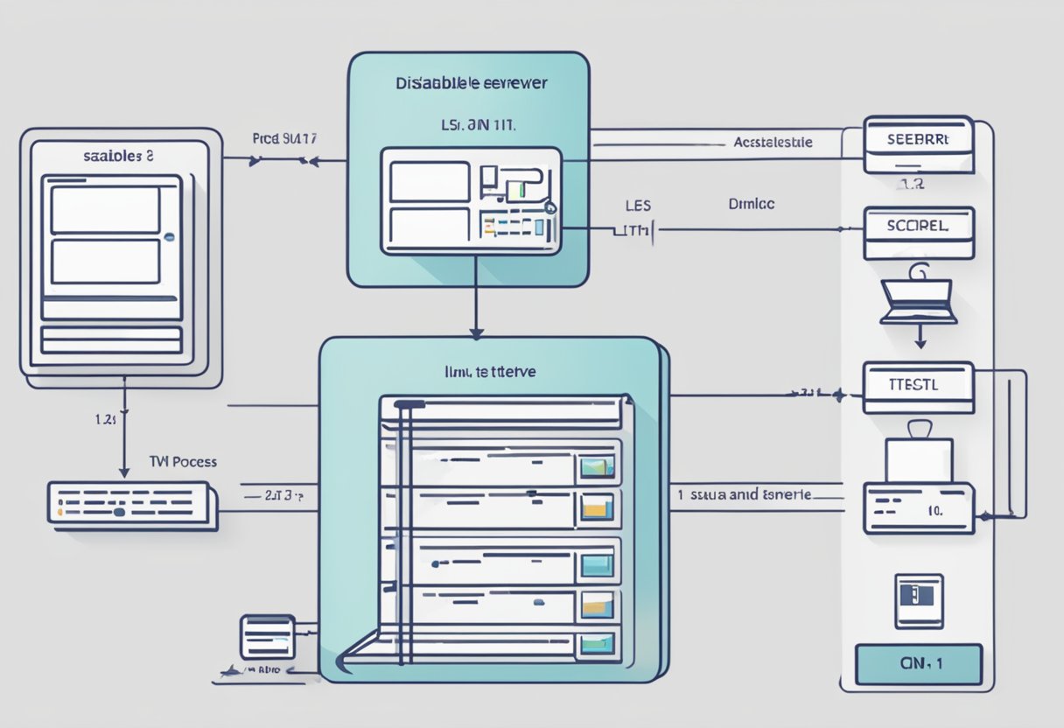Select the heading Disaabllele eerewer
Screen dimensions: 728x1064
(x=471, y=85)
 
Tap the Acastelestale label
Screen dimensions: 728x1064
(x=773, y=141)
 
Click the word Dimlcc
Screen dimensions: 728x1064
(x=752, y=203)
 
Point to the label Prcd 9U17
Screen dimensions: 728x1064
(x=284, y=137)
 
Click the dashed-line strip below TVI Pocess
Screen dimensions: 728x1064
(x=132, y=505)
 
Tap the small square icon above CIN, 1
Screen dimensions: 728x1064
(x=919, y=600)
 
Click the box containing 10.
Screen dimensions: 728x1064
(x=918, y=507)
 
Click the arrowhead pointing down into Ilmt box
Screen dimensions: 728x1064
(x=476, y=332)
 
